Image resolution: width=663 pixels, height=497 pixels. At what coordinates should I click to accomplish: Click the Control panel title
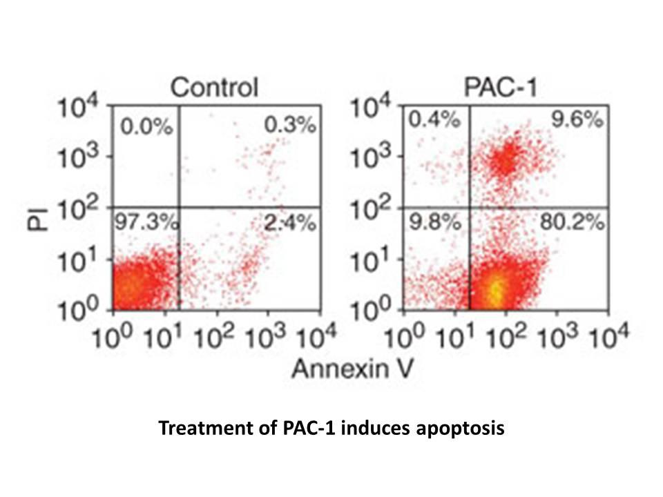tap(214, 87)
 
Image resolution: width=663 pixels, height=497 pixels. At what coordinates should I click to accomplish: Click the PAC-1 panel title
tap(501, 88)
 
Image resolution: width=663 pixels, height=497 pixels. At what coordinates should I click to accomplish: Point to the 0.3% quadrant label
tap(290, 125)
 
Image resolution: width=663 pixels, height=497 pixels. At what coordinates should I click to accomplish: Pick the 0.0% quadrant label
tap(146, 126)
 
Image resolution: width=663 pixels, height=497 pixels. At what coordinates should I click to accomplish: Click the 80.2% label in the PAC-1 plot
tap(572, 222)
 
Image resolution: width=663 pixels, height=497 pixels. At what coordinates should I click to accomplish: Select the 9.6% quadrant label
tap(577, 119)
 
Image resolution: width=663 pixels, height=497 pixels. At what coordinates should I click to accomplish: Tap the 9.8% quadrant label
tap(434, 222)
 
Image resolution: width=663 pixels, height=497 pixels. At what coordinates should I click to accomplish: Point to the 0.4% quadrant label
tap(434, 119)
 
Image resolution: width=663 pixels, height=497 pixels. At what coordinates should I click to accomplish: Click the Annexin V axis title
tap(352, 368)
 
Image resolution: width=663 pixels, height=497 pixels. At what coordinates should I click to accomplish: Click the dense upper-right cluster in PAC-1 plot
tap(506, 159)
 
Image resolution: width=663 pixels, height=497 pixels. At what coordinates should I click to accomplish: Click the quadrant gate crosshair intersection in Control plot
tap(180, 207)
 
